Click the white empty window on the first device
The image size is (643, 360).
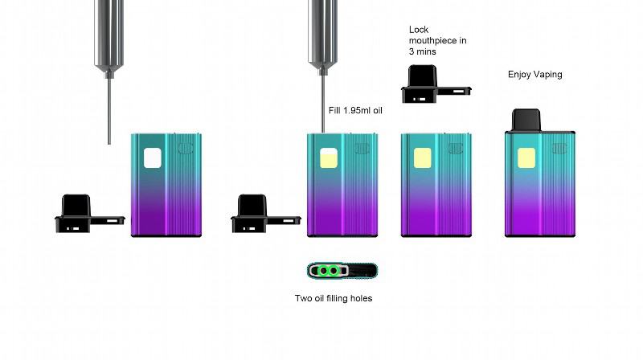(x=152, y=157)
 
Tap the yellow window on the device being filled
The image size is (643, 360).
(x=328, y=157)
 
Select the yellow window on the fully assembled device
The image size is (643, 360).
(x=525, y=157)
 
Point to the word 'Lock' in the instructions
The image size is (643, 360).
(x=419, y=30)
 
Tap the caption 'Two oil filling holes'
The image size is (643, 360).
(x=334, y=299)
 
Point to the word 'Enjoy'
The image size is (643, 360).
(x=520, y=75)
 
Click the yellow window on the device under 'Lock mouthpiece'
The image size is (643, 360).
(x=422, y=157)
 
